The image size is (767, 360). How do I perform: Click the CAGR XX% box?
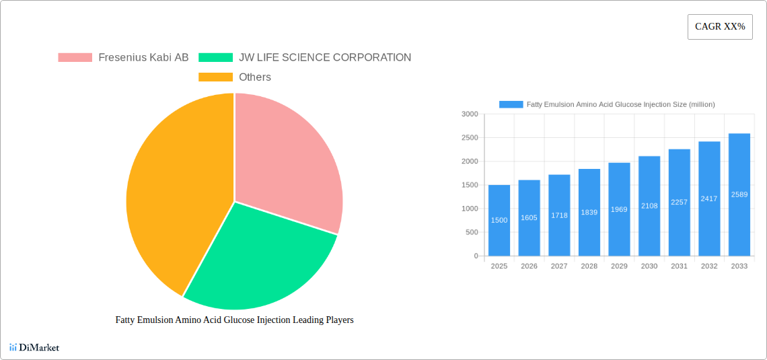click(720, 27)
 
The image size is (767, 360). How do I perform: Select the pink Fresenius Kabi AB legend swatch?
click(75, 58)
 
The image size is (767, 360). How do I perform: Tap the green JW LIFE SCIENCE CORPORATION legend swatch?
click(215, 58)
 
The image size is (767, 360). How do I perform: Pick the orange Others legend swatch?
click(215, 77)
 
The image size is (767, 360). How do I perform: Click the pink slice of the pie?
click(286, 161)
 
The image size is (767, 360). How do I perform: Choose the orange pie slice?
click(175, 195)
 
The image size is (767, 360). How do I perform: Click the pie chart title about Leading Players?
click(234, 320)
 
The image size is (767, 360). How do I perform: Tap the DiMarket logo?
click(34, 347)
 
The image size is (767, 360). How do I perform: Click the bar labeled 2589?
click(739, 194)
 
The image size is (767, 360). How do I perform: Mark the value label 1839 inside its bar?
click(589, 212)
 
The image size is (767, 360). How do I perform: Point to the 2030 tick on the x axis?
click(649, 266)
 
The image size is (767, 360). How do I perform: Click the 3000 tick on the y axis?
click(470, 114)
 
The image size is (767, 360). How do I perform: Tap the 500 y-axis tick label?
click(472, 232)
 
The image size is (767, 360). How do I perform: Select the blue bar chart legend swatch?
click(511, 104)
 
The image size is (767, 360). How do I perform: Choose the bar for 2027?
click(559, 215)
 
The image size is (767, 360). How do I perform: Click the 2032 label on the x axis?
click(709, 266)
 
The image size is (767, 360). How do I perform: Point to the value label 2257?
click(680, 202)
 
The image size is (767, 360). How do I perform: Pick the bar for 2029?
click(619, 209)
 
